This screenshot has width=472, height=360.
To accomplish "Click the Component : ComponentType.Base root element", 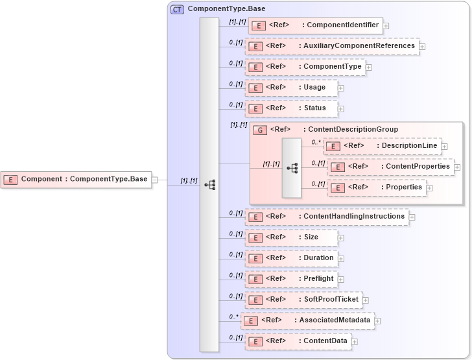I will tap(77, 179).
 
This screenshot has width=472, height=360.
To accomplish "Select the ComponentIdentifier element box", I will tap(315, 25).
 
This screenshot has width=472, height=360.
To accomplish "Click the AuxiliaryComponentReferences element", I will tap(331, 46).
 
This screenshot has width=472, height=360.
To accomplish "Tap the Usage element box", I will tap(291, 88).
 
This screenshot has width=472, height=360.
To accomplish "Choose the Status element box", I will tap(291, 108).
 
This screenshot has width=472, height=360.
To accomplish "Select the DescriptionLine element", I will tap(382, 146).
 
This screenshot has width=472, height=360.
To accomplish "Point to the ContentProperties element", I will tap(390, 167).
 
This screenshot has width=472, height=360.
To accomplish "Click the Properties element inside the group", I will tap(377, 187).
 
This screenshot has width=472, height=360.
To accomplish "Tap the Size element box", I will tap(291, 237).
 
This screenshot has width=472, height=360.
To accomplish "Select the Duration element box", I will tap(291, 258).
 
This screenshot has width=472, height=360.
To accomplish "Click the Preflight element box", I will tap(291, 279).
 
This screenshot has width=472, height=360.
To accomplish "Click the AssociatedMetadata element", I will tap(307, 320).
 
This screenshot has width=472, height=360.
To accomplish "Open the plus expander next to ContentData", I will tap(355, 341).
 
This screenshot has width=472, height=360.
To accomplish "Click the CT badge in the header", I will tap(177, 10).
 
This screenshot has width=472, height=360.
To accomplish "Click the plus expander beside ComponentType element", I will tap(368, 67).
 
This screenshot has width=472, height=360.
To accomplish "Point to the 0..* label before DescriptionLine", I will tap(316, 142).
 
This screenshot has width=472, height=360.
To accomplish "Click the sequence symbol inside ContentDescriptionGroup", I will tap(292, 167).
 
